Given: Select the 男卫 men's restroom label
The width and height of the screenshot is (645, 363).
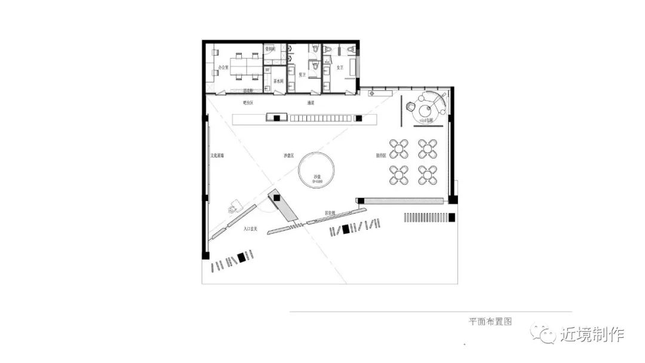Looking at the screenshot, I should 302,75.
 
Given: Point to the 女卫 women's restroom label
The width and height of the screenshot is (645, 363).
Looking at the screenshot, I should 340,68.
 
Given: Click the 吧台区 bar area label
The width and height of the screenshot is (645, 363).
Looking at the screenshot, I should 248,103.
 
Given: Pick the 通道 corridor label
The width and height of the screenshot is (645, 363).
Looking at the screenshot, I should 311,103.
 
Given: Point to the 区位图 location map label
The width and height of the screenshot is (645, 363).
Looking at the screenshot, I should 330,213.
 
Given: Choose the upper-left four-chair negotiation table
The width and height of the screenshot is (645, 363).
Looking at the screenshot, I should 398,148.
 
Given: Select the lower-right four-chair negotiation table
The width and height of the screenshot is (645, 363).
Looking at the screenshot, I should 428,175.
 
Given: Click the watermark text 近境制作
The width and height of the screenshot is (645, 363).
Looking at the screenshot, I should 592,334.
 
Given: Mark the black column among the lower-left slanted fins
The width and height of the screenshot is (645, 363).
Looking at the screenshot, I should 241,257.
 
